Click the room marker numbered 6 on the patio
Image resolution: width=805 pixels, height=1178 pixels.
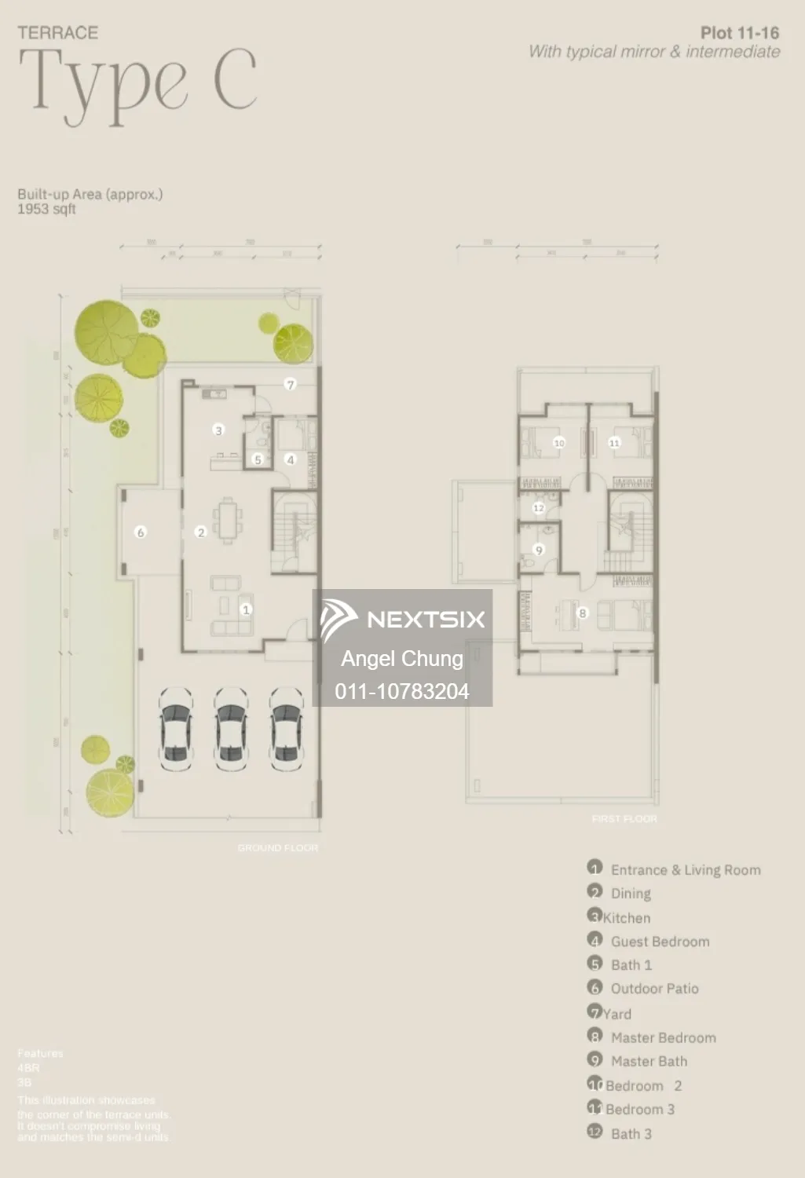[x=141, y=532]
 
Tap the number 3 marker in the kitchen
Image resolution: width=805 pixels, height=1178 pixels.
[x=218, y=430]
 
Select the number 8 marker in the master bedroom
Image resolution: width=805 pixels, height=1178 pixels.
[x=582, y=613]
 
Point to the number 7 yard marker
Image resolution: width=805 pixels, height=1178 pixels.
[x=291, y=385]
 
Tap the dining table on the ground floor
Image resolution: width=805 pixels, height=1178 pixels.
[x=228, y=521]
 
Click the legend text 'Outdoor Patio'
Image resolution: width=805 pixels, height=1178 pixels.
[x=654, y=989]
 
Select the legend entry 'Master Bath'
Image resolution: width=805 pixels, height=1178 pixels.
[x=649, y=1061]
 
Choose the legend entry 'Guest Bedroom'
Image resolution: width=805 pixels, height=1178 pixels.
[x=660, y=942]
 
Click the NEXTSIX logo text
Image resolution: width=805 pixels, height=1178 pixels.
[x=425, y=620]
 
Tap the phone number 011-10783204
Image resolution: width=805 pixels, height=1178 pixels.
[x=402, y=691]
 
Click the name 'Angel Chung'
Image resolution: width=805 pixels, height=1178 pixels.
[x=402, y=658]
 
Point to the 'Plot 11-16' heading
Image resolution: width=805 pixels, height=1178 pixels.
[x=739, y=33]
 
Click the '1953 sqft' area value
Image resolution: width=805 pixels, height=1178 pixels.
[x=47, y=209]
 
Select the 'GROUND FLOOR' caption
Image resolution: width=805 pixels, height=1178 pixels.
[x=277, y=848]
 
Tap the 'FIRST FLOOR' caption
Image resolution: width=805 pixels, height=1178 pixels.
[x=624, y=819]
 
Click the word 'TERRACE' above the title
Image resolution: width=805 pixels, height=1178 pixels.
[x=58, y=33]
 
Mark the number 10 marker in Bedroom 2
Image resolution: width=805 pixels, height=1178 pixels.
[x=558, y=443]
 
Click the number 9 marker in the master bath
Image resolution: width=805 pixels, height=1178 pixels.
[x=539, y=551]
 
